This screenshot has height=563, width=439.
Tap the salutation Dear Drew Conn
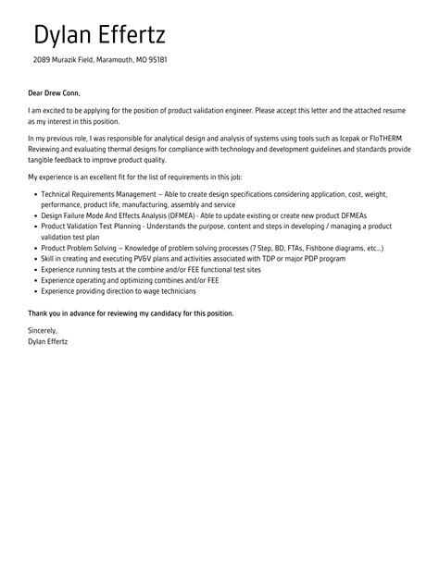[55, 92]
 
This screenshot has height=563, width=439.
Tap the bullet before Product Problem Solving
[35, 250]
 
